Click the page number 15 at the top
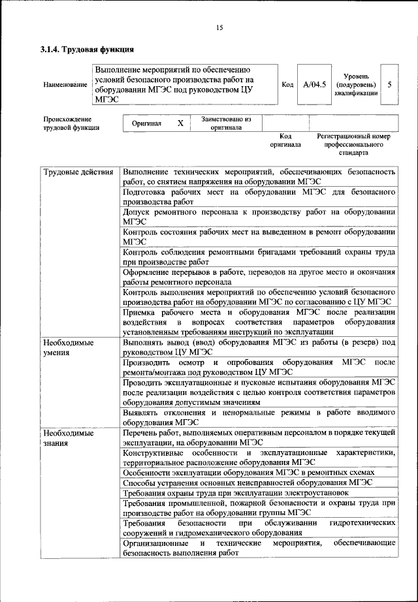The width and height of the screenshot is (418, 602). (x=219, y=27)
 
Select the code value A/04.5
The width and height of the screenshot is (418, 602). (x=314, y=85)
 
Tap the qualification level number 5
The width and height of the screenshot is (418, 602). (x=390, y=85)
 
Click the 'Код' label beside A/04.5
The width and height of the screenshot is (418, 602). (x=287, y=85)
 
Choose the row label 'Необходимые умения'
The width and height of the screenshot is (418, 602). (x=68, y=347)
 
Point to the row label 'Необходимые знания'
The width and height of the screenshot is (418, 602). (x=68, y=437)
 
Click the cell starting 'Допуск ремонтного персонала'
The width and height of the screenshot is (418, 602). (x=259, y=217)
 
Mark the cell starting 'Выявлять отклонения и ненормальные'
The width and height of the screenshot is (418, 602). (x=259, y=417)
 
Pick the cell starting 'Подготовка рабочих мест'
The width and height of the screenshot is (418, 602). (x=259, y=197)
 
